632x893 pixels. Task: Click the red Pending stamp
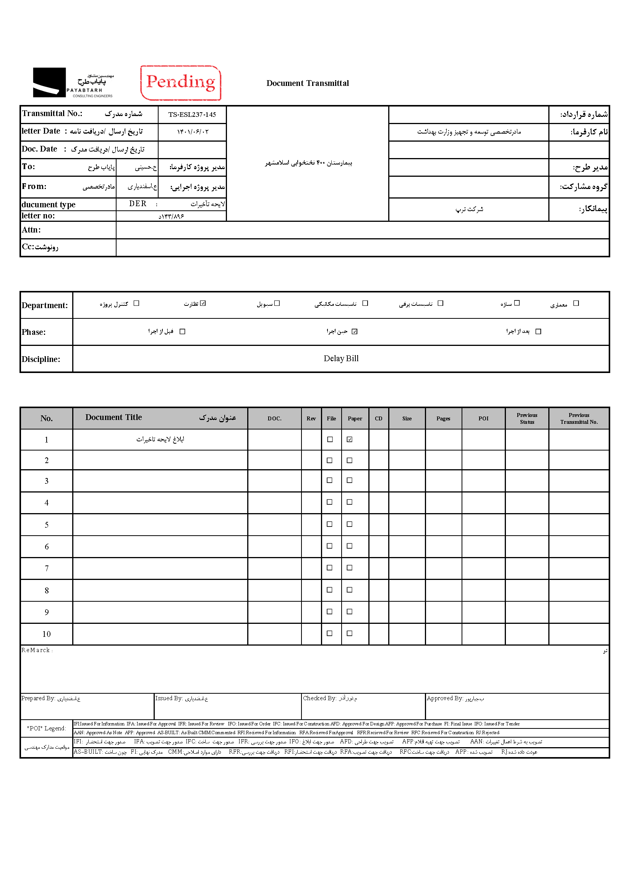pos(181,82)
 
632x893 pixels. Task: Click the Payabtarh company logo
pos(73,82)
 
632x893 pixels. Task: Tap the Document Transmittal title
pos(308,83)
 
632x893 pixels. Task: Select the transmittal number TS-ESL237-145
pos(192,115)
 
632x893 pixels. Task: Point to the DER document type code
pos(138,204)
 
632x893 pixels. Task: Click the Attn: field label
pos(31,230)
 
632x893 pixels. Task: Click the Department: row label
pos(45,305)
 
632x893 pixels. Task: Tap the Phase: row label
pos(34,332)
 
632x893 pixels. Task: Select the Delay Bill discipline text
pos(341,358)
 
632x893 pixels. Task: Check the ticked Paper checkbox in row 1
pos(350,439)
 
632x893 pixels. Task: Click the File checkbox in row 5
pos(330,524)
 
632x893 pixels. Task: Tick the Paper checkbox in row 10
pos(350,634)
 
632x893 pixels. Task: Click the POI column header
pos(483,418)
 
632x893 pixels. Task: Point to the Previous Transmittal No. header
pos(579,418)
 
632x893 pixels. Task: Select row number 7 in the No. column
pos(47,568)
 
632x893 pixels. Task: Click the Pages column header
pos(443,418)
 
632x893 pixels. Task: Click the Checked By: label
pos(319,699)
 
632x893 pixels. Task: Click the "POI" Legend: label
pos(46,728)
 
